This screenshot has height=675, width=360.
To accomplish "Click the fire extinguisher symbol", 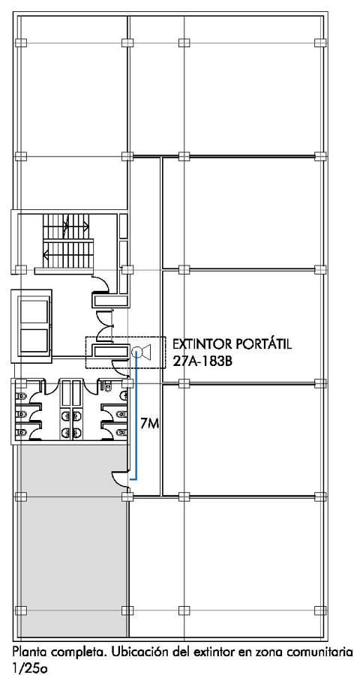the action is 142,352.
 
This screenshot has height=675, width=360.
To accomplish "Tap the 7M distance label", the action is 150,424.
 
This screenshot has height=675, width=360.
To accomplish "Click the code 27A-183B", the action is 202,361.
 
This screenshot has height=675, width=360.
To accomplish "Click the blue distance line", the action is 136,415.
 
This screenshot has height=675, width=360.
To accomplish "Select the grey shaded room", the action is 71,541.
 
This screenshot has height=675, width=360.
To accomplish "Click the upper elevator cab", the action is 34,313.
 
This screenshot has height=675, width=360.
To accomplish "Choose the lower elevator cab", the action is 34,342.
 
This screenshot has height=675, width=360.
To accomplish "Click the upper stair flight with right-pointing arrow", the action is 66,225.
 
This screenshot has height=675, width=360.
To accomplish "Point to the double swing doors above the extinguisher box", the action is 103,326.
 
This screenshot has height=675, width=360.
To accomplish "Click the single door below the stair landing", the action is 102,284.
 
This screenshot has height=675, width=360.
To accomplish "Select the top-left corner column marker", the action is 21,43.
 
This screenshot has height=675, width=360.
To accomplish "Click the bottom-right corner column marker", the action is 320,610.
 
